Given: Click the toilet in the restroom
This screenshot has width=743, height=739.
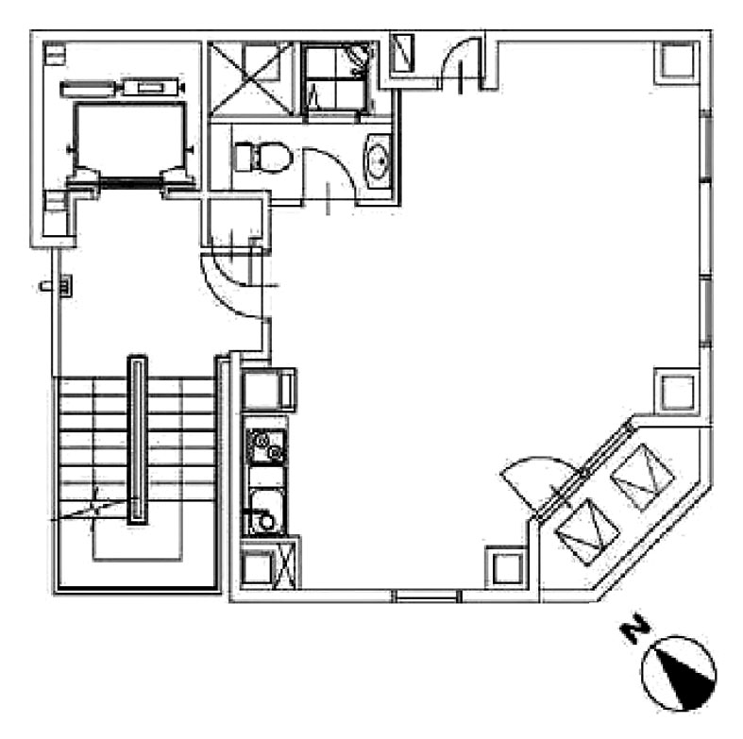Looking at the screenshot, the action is coord(262,158).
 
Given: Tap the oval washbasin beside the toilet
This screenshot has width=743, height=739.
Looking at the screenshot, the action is coord(379,161).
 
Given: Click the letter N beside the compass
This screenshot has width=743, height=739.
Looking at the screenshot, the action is coord(635,629).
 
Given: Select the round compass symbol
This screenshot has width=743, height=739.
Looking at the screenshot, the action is coord(679,674).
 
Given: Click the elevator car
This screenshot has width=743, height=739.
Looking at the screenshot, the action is coord(129,139).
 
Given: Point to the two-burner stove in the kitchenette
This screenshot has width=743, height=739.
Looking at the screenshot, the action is coord(266,445).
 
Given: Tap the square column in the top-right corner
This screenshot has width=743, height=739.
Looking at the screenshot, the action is coord(677,63).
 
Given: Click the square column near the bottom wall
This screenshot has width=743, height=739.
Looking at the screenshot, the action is coord(507,567).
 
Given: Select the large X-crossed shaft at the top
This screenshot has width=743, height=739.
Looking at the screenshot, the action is coord(251,78).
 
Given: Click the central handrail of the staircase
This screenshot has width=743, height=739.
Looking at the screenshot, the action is coord(138,440).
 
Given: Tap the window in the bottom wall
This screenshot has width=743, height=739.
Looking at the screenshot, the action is coord(427,596).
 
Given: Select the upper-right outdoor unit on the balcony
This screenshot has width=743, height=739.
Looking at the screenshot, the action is coord(643,478).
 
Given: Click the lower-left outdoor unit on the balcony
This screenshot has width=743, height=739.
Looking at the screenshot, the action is coord(587,532).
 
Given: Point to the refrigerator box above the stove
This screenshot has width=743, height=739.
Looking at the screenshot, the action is coord(268,390).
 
